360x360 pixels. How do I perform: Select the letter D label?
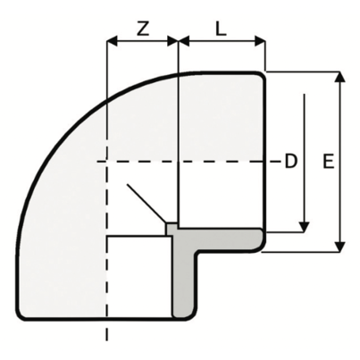click(289, 162)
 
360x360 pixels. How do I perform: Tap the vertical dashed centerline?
click(106, 295)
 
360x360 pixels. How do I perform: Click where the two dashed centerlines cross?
click(106, 162)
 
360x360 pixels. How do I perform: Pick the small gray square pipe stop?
click(172, 229)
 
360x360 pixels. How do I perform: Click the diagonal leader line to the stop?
click(146, 203)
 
